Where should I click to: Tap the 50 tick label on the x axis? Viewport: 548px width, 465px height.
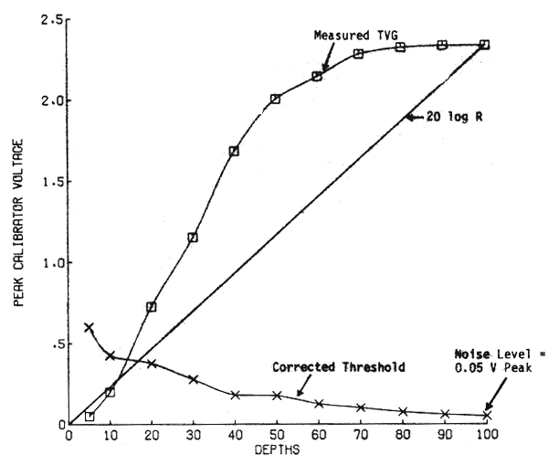(x=276, y=438)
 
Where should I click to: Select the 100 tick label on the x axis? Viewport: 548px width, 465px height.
(x=485, y=438)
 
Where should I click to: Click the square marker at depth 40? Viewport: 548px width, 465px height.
(x=234, y=151)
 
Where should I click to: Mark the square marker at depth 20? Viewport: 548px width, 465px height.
(x=151, y=307)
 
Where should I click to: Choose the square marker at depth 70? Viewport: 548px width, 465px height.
(x=359, y=54)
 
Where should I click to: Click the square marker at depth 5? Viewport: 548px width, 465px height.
(x=90, y=417)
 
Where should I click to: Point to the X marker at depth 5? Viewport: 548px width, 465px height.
(x=89, y=327)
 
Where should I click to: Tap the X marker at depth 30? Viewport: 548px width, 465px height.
(x=193, y=378)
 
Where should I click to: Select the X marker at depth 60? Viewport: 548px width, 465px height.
(x=318, y=403)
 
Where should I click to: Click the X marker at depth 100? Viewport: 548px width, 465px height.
(x=486, y=416)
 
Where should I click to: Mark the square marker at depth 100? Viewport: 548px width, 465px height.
(x=484, y=45)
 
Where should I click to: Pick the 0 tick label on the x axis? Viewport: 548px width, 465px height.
(x=68, y=438)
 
